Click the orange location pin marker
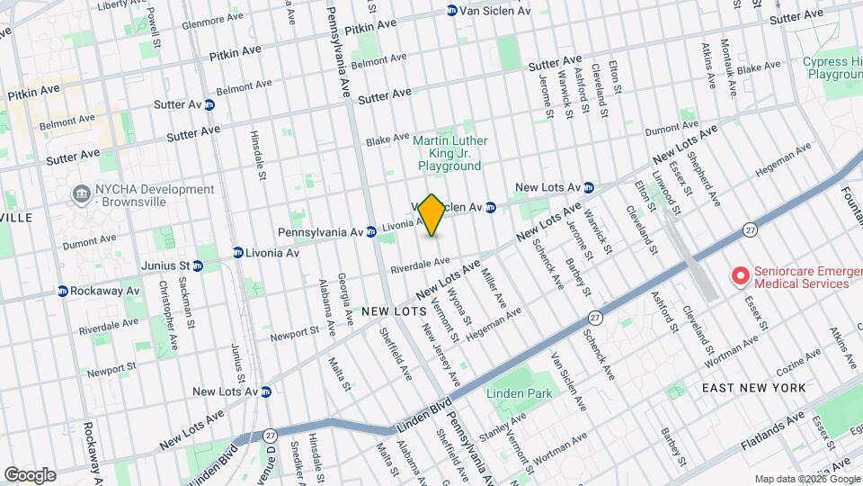click(x=432, y=215)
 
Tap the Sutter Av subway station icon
click(x=209, y=105)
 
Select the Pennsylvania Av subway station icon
click(x=370, y=232)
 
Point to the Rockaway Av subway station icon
click(x=63, y=292)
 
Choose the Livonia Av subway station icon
click(x=238, y=253)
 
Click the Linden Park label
click(x=517, y=394)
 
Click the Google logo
click(x=29, y=475)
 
